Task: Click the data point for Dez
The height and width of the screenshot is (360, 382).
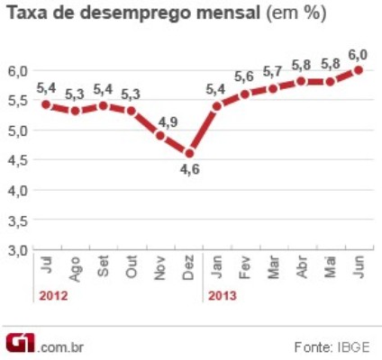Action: point(187,153)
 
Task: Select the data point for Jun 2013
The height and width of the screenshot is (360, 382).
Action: point(358,69)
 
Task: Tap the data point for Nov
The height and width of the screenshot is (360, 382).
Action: point(159,135)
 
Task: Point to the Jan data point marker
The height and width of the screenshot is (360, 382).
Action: point(216,105)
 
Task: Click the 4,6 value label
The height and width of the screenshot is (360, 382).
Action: point(187,170)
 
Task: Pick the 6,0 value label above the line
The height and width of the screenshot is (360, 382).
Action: point(358,52)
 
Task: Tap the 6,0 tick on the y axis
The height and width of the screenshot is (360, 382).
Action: point(18,69)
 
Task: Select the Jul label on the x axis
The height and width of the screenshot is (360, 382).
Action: point(46,265)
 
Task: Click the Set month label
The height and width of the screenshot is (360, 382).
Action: point(103,267)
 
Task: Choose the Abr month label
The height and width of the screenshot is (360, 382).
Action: point(302,267)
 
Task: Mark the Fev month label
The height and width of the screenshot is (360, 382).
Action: point(245,267)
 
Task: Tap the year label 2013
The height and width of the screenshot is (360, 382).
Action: point(222,294)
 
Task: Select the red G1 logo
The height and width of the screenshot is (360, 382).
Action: point(21,343)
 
